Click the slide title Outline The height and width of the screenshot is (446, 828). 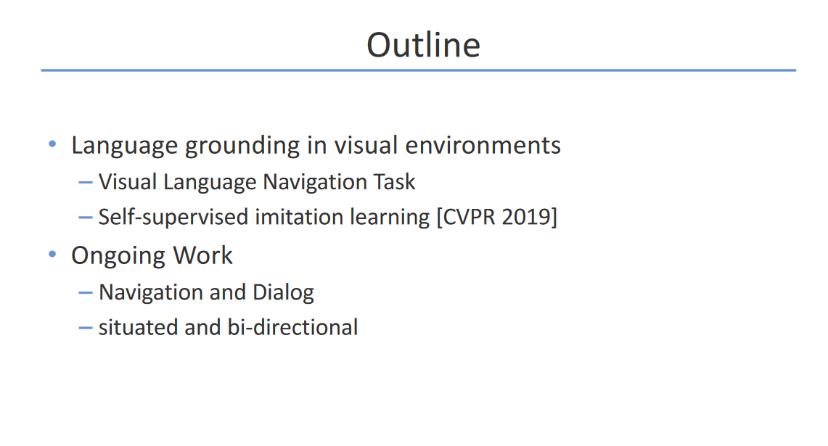click(424, 45)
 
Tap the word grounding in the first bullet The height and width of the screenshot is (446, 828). click(242, 146)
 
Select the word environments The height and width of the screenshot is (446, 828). click(483, 145)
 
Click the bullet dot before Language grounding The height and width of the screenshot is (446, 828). click(52, 144)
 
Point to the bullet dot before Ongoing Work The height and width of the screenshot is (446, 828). click(52, 255)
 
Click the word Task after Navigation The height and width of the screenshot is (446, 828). click(395, 182)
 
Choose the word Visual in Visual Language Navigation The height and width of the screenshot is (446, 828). click(128, 182)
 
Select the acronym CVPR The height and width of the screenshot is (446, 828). click(469, 217)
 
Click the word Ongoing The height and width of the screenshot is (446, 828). click(119, 257)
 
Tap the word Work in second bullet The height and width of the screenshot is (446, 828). click(202, 255)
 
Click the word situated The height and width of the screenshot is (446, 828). click(139, 327)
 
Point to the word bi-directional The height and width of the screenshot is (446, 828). click(292, 327)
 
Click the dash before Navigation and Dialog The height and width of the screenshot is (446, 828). click(85, 293)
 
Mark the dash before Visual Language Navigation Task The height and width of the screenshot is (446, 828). click(85, 183)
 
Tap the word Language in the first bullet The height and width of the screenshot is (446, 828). click(125, 146)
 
